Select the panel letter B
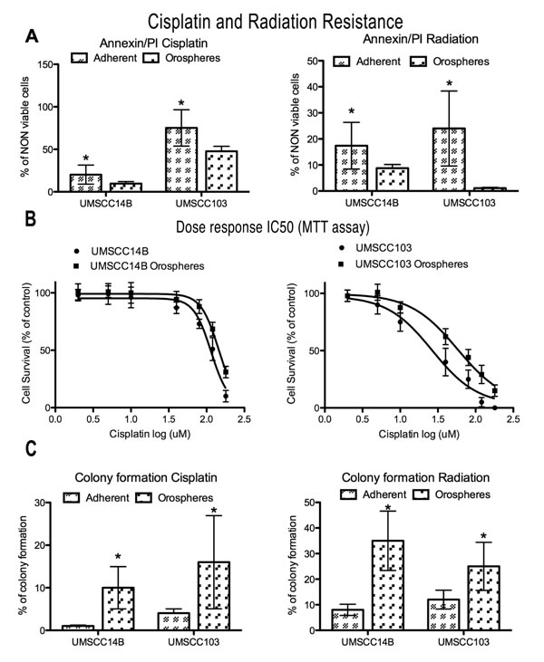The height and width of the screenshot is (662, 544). (x=30, y=220)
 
